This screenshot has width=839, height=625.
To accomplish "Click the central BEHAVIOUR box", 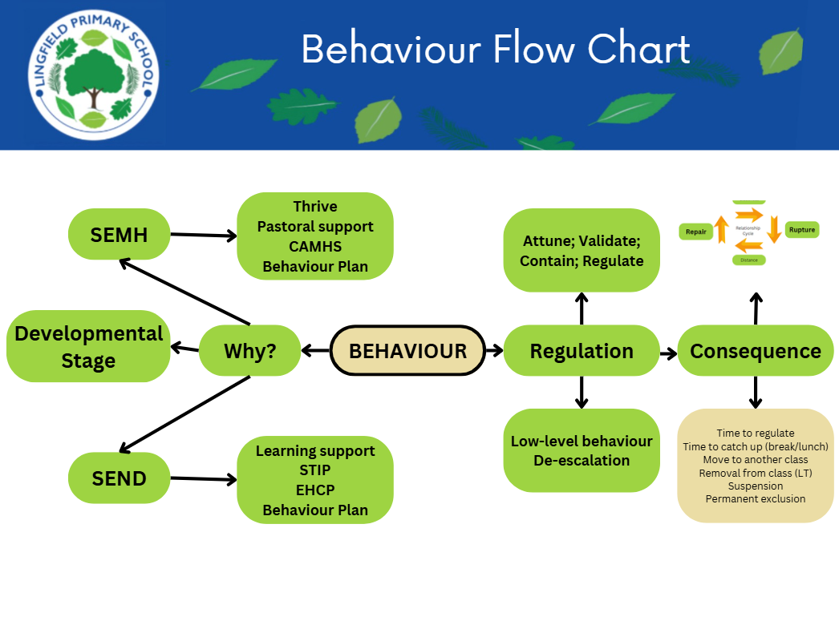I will pyautogui.click(x=407, y=350).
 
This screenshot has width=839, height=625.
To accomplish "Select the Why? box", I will pyautogui.click(x=249, y=350).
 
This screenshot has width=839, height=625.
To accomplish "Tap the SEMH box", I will pyautogui.click(x=119, y=234).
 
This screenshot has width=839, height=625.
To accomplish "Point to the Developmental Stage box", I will pyautogui.click(x=88, y=346).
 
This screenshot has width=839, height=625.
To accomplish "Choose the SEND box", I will pyautogui.click(x=119, y=478).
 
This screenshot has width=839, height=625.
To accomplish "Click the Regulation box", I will pyautogui.click(x=582, y=350).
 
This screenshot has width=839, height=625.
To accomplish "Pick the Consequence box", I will pyautogui.click(x=756, y=350).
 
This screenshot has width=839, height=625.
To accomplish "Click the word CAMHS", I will pyautogui.click(x=315, y=247).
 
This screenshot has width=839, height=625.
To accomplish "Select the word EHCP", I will pyautogui.click(x=315, y=490).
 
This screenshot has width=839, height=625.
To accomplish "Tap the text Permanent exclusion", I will pyautogui.click(x=756, y=499).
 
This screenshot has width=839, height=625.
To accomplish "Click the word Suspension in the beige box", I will pyautogui.click(x=756, y=486).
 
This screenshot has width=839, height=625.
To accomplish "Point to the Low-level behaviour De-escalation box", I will pyautogui.click(x=582, y=450).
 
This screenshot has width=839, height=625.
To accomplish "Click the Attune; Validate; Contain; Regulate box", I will pyautogui.click(x=582, y=250).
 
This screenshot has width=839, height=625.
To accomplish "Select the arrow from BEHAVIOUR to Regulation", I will pyautogui.click(x=494, y=350).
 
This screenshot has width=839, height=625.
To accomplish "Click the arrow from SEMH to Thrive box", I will pyautogui.click(x=204, y=235).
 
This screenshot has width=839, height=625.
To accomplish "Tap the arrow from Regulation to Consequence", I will pyautogui.click(x=668, y=351).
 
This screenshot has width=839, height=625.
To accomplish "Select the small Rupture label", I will pyautogui.click(x=801, y=230).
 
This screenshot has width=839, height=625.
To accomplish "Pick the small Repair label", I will pyautogui.click(x=695, y=232).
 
